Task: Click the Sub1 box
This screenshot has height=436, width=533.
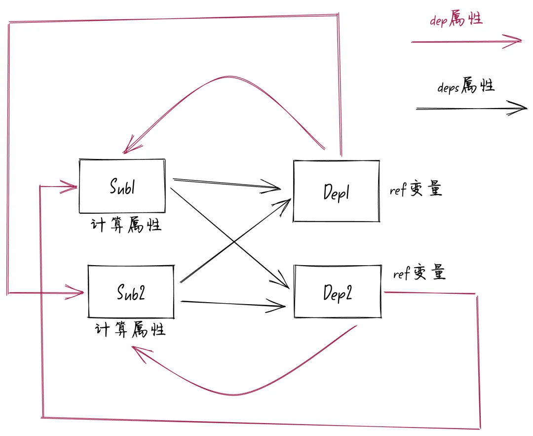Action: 122,186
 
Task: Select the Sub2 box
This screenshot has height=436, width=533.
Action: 131,291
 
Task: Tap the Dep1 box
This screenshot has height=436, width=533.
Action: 336,191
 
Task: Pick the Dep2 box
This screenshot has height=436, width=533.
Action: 338,292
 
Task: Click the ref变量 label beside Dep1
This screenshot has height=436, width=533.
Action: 416,190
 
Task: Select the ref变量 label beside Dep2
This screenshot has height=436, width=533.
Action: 419,273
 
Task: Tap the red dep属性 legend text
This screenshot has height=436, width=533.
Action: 456,20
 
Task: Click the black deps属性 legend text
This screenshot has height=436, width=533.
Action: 466,87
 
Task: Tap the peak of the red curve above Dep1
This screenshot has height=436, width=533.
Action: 228,77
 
